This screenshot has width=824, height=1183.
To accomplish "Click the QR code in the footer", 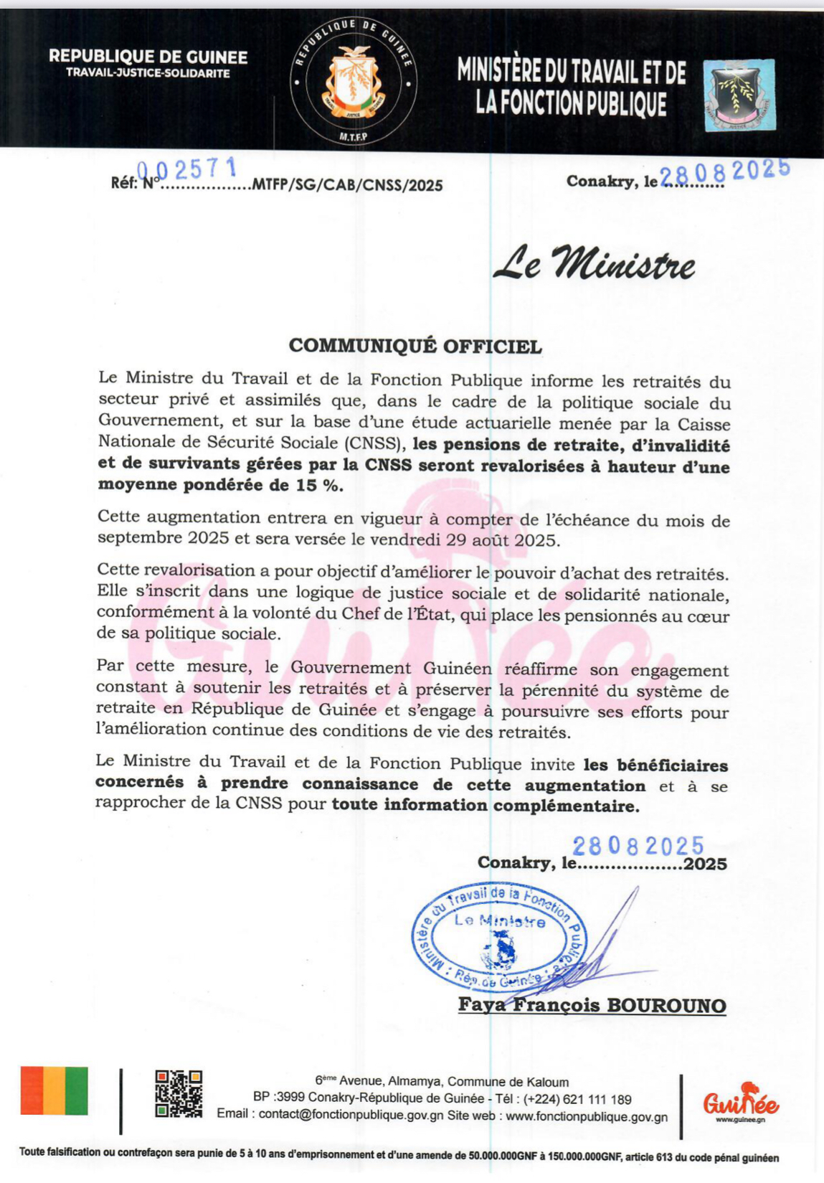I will click(x=179, y=1093).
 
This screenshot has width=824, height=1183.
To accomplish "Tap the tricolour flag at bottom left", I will click(x=55, y=1090).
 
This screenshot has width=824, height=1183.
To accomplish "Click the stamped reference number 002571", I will click(x=186, y=169).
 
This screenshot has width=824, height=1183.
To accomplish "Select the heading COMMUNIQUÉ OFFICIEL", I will click(x=415, y=346).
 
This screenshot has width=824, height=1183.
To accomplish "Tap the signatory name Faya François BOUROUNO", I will click(x=592, y=1005).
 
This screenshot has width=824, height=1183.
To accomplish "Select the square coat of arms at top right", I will click(x=739, y=95).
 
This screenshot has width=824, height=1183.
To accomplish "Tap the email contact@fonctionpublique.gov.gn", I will click(x=351, y=1116).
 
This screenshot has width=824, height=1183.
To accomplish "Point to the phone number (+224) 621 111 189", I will click(x=577, y=1099).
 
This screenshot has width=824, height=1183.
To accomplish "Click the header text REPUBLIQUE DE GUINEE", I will click(x=148, y=57).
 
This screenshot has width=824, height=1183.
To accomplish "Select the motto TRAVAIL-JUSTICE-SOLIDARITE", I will click(x=148, y=73).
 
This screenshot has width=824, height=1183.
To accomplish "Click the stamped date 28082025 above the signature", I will click(x=638, y=846).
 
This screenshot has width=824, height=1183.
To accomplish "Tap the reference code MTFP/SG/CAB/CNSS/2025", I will click(x=347, y=185).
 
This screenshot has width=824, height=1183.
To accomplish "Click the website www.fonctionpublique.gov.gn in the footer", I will click(x=587, y=1116).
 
